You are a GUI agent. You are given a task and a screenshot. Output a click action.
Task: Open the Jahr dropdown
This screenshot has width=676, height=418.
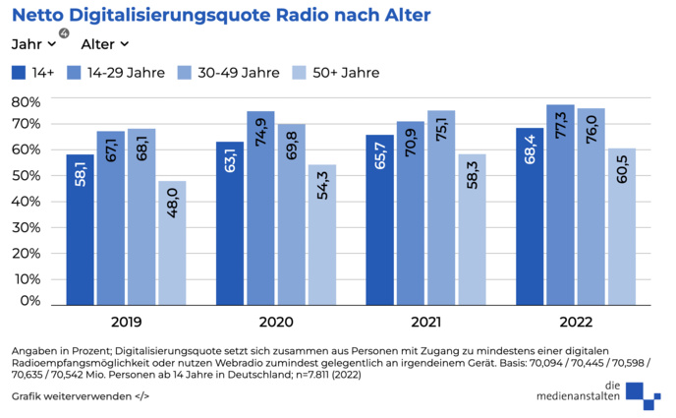[x=34, y=44]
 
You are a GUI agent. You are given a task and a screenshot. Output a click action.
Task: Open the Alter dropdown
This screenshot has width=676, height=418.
[x=105, y=44]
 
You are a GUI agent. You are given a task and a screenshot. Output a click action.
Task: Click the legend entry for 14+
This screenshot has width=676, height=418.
[x=33, y=73]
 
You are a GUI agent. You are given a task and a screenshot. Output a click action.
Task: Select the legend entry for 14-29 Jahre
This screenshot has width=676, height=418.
[x=116, y=73]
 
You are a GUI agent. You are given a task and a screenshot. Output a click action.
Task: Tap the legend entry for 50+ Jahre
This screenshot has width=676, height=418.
[x=335, y=73]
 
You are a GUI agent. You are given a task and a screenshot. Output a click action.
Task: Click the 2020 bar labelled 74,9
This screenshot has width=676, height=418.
[x=260, y=207]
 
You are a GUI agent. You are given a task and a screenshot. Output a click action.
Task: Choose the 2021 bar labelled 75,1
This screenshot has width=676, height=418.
[x=441, y=207]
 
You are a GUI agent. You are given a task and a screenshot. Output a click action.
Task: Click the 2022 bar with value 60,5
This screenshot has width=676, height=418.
[x=621, y=225]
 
